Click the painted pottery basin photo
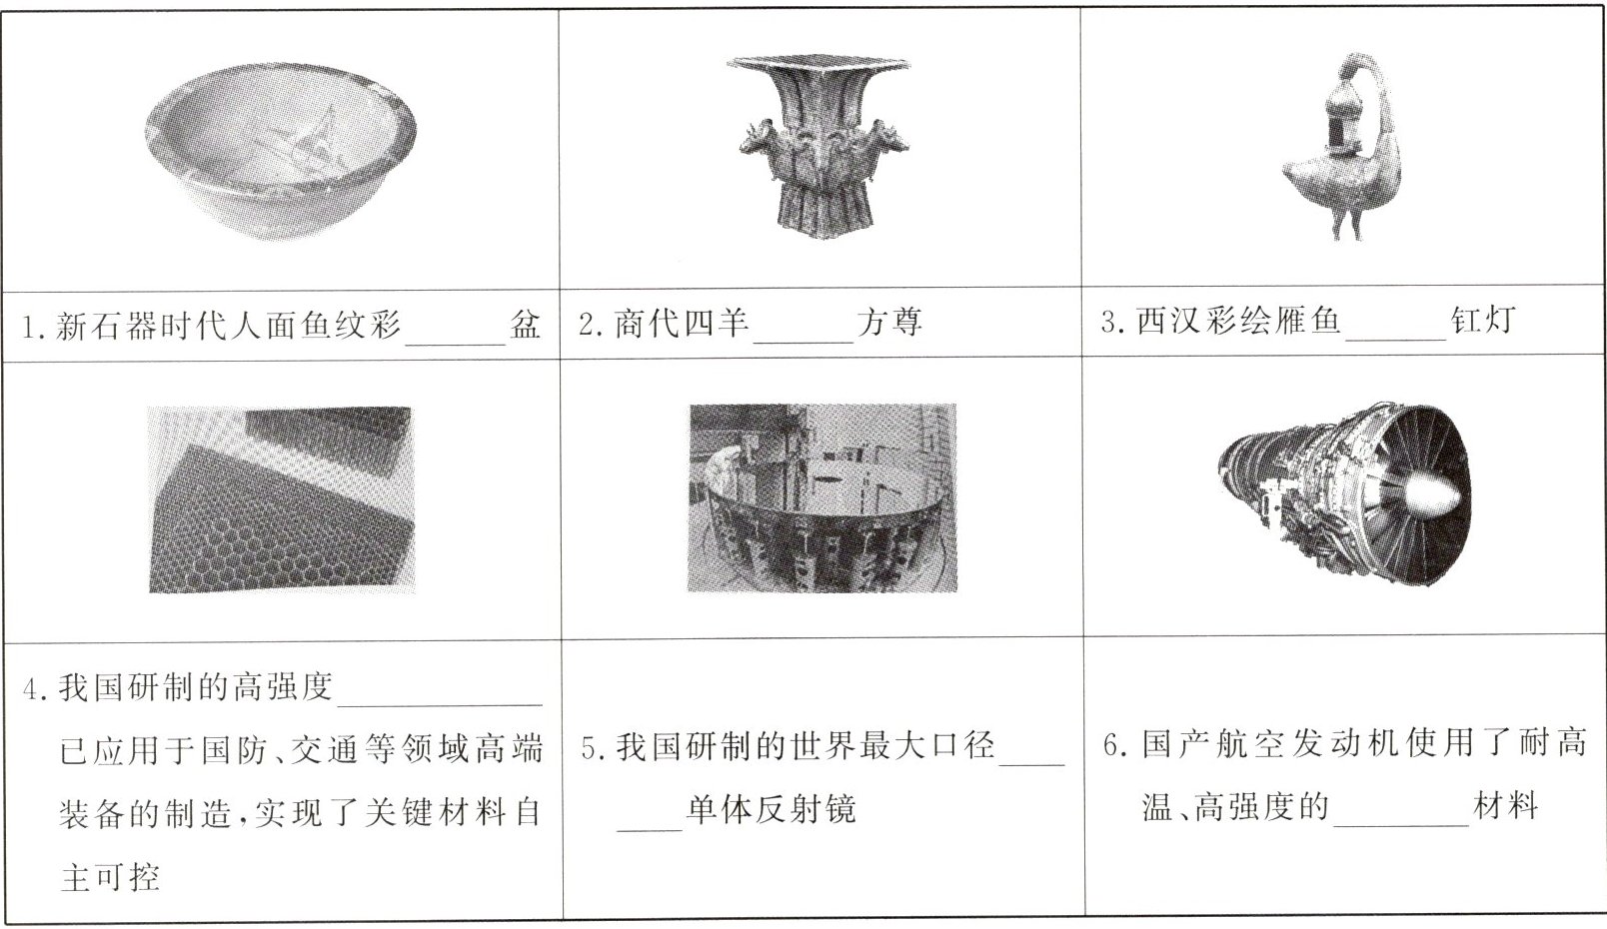click(281, 151)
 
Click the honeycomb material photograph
click(281, 499)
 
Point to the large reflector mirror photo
click(822, 498)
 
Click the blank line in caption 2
click(804, 342)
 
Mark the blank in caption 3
click(1396, 339)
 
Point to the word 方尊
click(889, 322)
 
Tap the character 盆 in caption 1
click(525, 325)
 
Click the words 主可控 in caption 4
click(110, 876)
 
